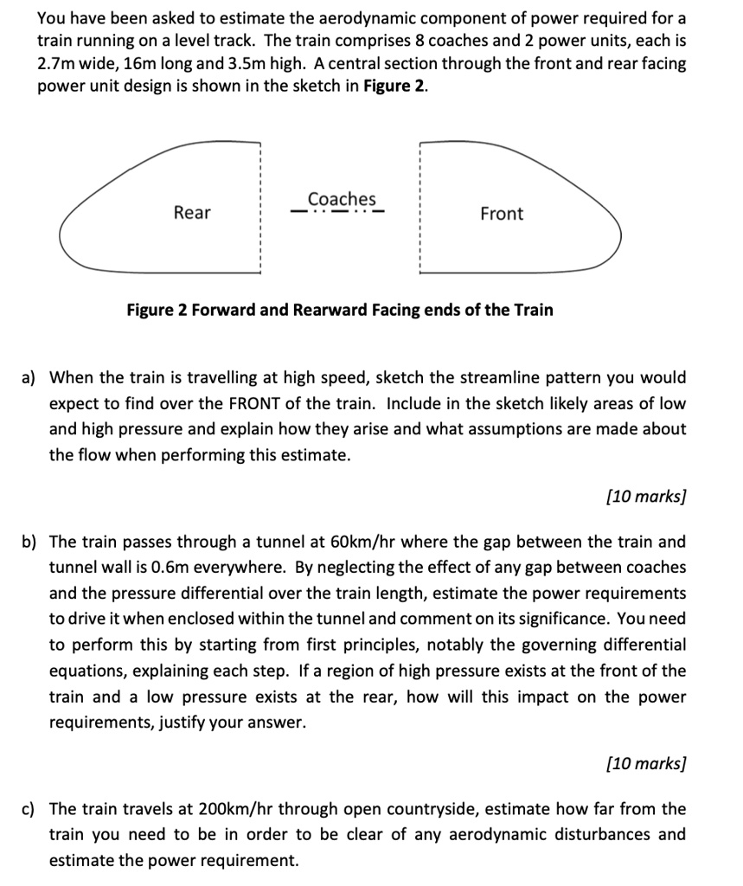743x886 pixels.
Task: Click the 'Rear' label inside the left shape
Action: coord(192,213)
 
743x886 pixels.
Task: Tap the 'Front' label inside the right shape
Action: coord(502,214)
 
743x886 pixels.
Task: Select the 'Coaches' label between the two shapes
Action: coord(342,198)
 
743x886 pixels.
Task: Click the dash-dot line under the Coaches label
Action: coord(337,210)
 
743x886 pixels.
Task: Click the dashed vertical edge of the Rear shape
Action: coord(260,208)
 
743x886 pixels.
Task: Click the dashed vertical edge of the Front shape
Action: coord(420,208)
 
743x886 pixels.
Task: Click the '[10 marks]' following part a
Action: coord(646,497)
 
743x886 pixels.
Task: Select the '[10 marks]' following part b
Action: coord(646,763)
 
